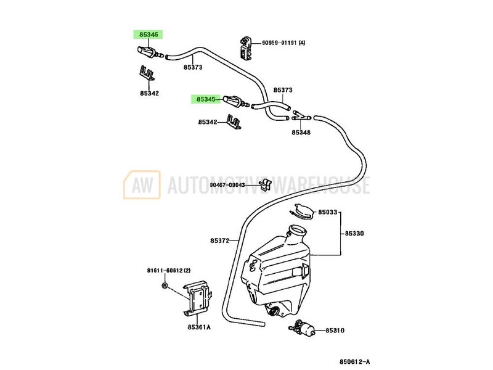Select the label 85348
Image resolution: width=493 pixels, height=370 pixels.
[302, 133]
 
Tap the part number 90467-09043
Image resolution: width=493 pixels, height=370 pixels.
[227, 184]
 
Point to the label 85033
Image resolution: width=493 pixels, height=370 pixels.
[328, 213]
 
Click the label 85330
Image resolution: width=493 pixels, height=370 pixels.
[355, 234]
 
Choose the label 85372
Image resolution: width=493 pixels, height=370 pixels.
[219, 240]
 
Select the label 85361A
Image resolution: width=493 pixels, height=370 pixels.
[198, 327]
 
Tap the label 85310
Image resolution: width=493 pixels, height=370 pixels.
[336, 331]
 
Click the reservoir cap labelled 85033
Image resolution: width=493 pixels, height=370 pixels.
[300, 212]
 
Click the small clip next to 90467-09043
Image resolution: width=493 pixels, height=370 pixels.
[266, 184]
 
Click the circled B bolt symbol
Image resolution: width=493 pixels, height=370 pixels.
[165, 286]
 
